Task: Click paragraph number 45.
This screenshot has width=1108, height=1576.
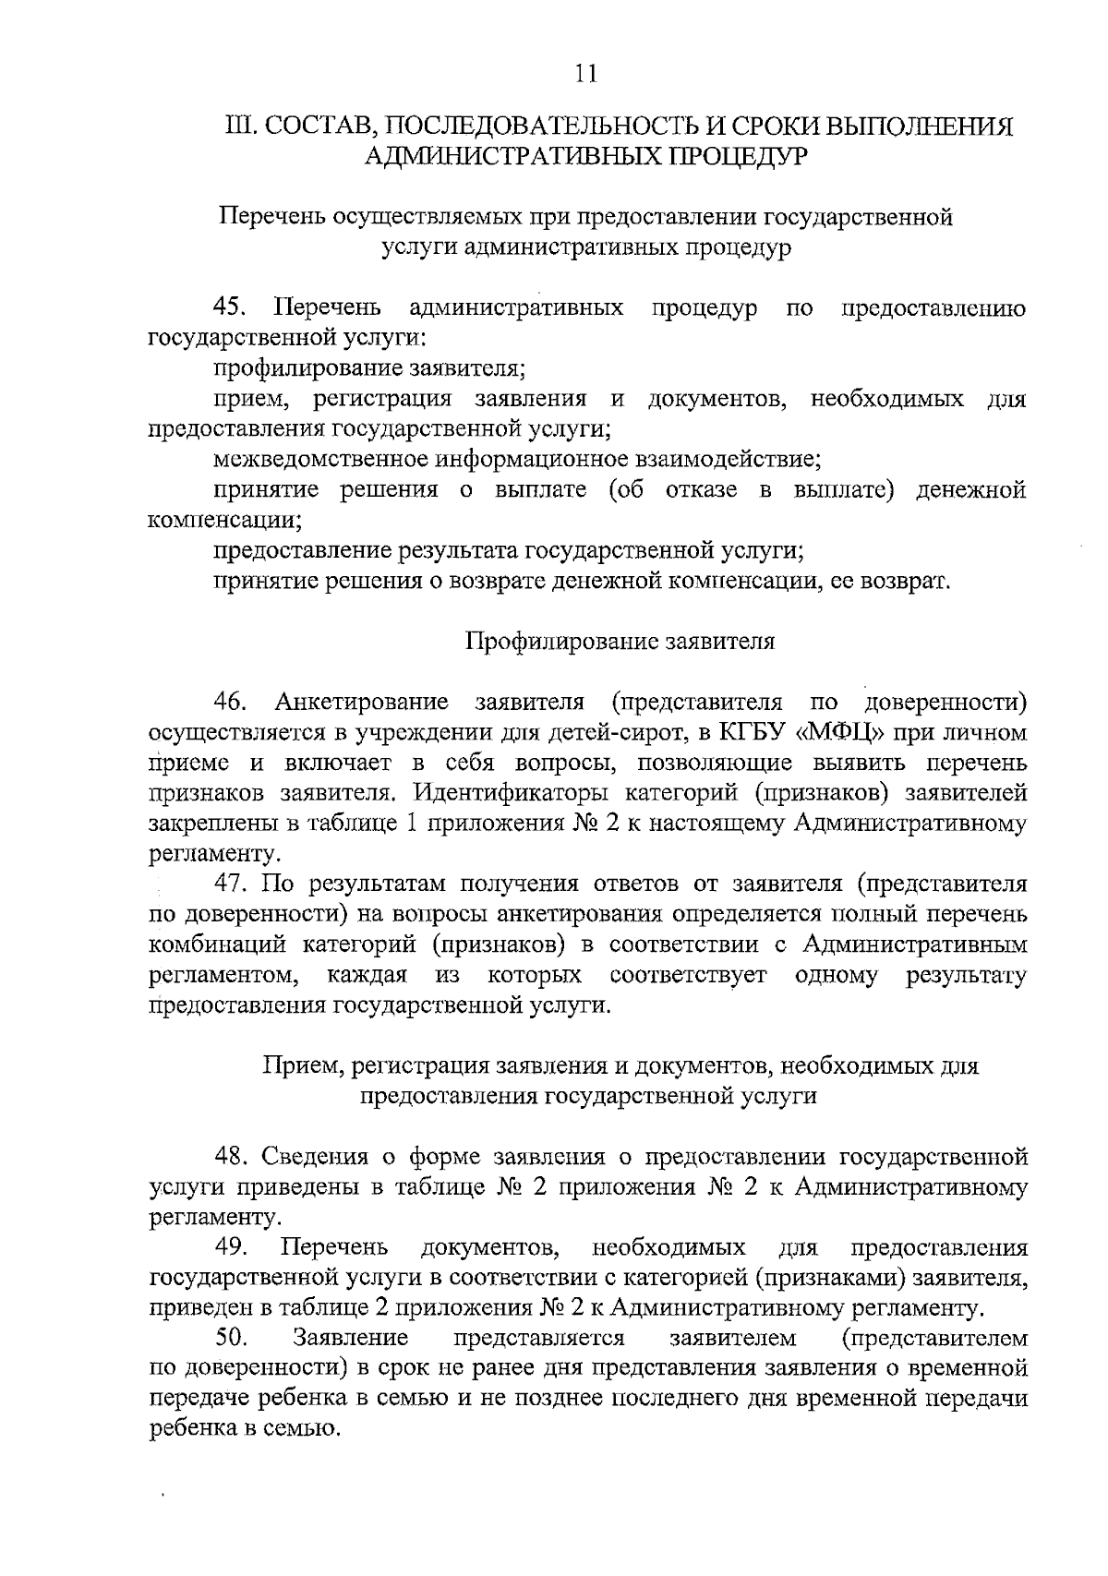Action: pos(230,307)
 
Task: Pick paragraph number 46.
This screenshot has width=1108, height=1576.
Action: pos(230,702)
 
